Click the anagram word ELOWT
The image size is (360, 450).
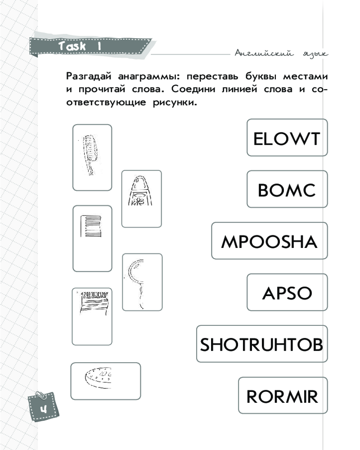[287, 138]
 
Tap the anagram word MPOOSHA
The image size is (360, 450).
[269, 242]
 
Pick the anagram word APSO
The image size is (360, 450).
[287, 293]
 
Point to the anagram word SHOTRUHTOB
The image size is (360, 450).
[261, 345]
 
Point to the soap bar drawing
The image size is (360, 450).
[99, 376]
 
